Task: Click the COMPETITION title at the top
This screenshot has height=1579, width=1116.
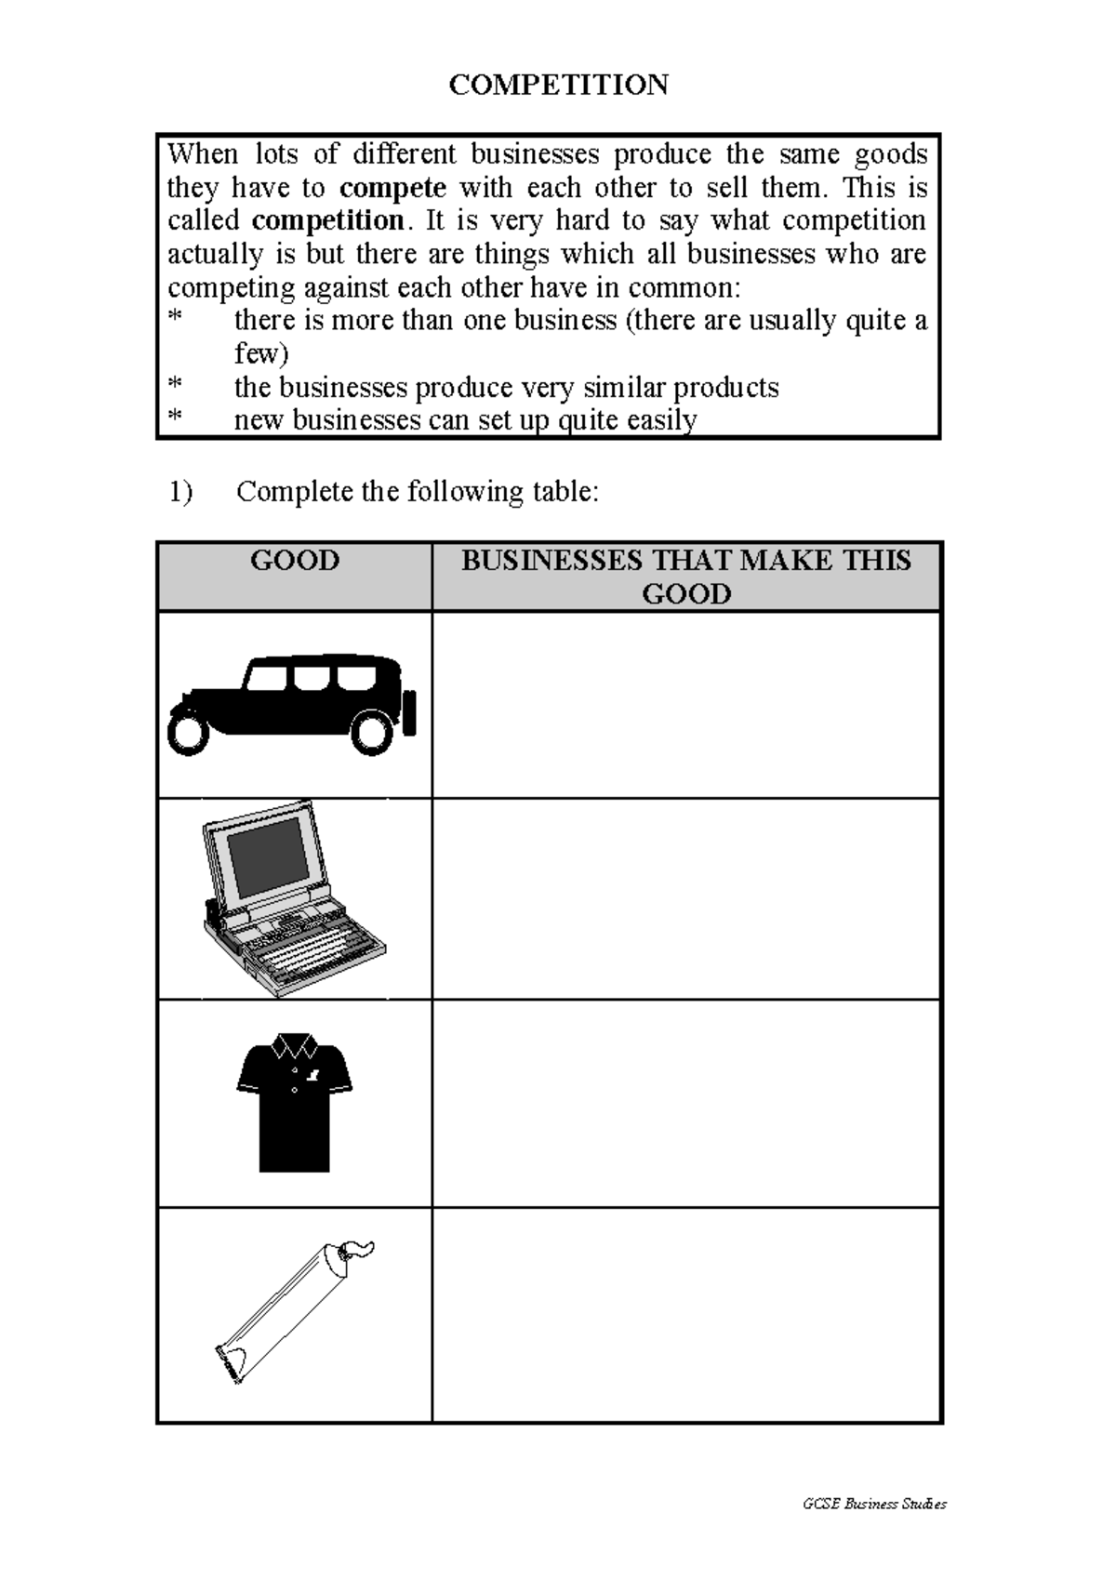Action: [558, 85]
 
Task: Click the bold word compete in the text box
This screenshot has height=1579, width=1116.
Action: [392, 188]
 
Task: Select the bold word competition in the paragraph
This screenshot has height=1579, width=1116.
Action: [327, 221]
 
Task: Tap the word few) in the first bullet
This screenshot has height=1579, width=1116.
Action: [260, 354]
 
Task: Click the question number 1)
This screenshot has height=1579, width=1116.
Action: [180, 492]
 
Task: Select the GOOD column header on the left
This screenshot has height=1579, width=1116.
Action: [295, 561]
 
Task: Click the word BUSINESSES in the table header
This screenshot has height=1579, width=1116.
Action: [551, 561]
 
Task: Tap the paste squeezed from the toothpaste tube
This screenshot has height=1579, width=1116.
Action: [357, 1247]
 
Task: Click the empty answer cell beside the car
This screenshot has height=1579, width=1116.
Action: [686, 704]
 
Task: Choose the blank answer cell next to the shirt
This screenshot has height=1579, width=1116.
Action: [686, 1103]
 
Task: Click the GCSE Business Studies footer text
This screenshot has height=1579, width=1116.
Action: [873, 1504]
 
